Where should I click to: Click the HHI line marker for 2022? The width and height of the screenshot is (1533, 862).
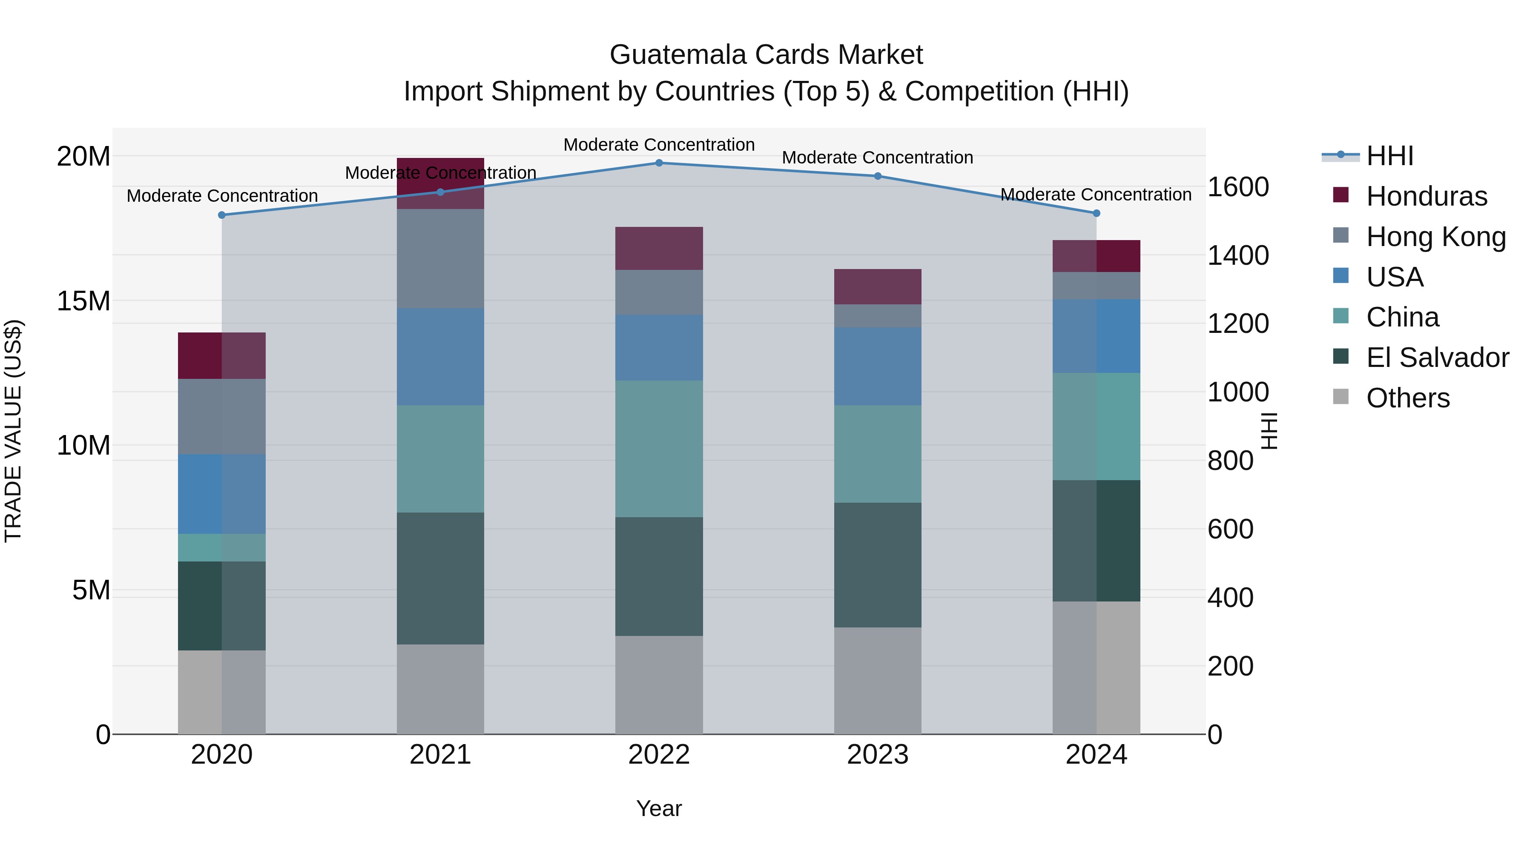(x=659, y=163)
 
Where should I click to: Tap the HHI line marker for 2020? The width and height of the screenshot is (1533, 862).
(x=222, y=215)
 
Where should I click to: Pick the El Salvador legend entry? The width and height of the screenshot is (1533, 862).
(x=1437, y=358)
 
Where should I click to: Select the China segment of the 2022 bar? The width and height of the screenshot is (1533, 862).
(x=659, y=449)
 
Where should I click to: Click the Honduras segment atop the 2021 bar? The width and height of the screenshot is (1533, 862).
(x=440, y=183)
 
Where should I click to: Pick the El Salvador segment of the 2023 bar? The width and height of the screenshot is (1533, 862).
(x=877, y=565)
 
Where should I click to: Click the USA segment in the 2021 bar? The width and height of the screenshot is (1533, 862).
(x=440, y=357)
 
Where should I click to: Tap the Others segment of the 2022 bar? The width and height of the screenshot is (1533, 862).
(x=659, y=685)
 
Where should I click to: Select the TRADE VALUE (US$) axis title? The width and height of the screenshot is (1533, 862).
(x=13, y=431)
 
